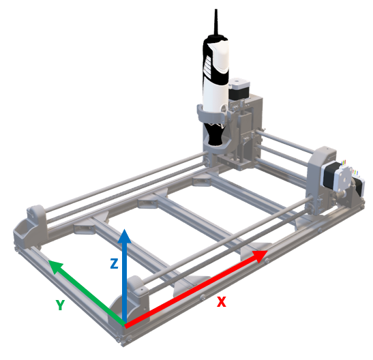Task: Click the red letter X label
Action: click(x=221, y=301)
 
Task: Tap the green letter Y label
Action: click(x=60, y=305)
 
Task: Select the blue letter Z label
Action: click(x=114, y=263)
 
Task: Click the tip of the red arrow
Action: click(x=268, y=251)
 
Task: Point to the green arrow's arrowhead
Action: click(x=55, y=267)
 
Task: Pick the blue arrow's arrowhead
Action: click(x=124, y=236)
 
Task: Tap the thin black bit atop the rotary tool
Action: click(x=216, y=22)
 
